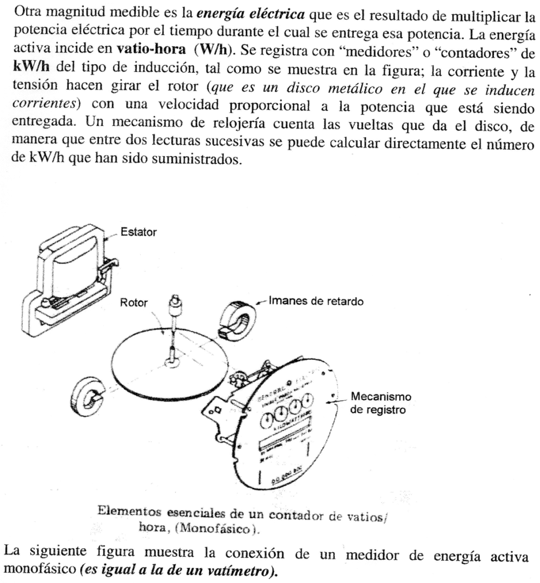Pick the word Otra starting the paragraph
(x=23, y=13)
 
